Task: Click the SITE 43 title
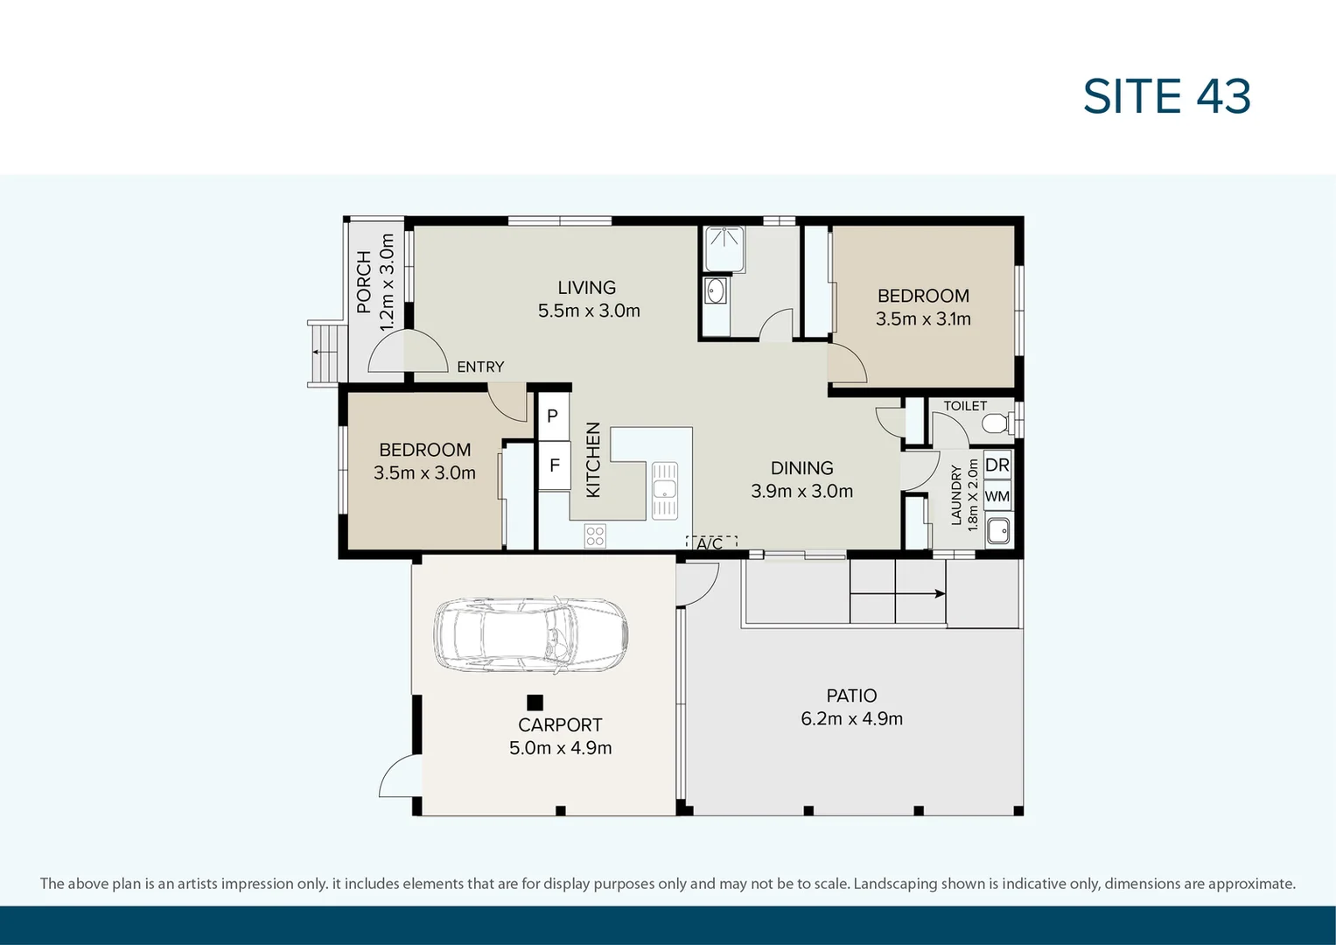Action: (x=1166, y=96)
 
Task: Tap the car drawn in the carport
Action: (x=530, y=635)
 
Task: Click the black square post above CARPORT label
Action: (x=535, y=702)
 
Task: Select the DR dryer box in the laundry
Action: (x=997, y=465)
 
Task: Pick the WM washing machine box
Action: (x=997, y=496)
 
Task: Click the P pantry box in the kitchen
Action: (x=553, y=416)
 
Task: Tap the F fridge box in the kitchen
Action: (x=554, y=465)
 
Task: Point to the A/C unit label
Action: (x=710, y=543)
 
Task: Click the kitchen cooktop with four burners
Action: (x=595, y=535)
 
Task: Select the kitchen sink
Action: (x=665, y=489)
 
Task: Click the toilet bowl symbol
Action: (x=997, y=423)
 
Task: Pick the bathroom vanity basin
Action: (x=716, y=290)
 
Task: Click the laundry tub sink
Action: (x=998, y=530)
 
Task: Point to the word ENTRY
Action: (x=480, y=367)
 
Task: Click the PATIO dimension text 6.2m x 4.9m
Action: (x=851, y=718)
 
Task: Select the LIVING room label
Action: (x=587, y=287)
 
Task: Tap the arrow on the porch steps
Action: (x=321, y=352)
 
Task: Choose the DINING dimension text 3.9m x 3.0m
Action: (x=801, y=491)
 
